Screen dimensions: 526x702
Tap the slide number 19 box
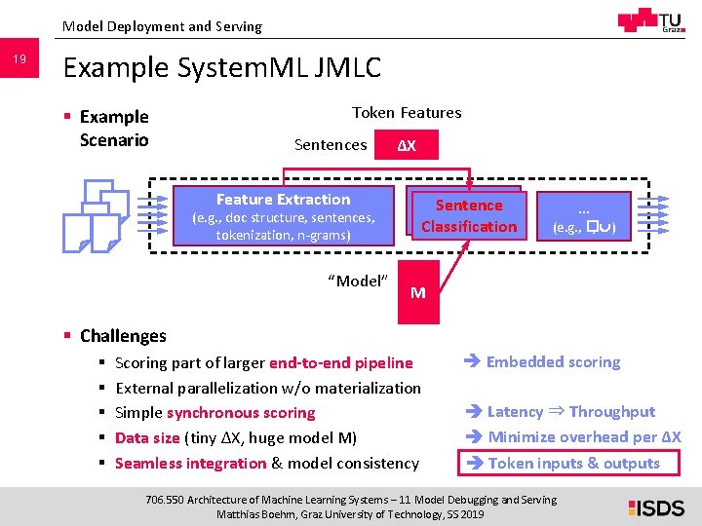coord(19,61)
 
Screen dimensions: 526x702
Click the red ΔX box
coord(407,145)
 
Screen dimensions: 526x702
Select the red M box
coord(417,292)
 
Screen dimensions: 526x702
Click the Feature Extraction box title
coord(283,200)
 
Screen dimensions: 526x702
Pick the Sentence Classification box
coord(469,215)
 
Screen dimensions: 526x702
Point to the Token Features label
coord(407,113)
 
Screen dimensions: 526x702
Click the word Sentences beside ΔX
coord(331,145)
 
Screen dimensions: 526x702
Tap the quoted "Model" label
coord(358,282)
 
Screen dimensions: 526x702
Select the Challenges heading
coord(123,336)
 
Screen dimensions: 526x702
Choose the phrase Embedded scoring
coord(553,362)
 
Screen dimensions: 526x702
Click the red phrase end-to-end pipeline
coord(341,363)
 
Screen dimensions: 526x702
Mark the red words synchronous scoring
coord(241,413)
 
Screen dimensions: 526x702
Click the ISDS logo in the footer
coord(655,507)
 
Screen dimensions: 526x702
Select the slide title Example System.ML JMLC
coord(221,67)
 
